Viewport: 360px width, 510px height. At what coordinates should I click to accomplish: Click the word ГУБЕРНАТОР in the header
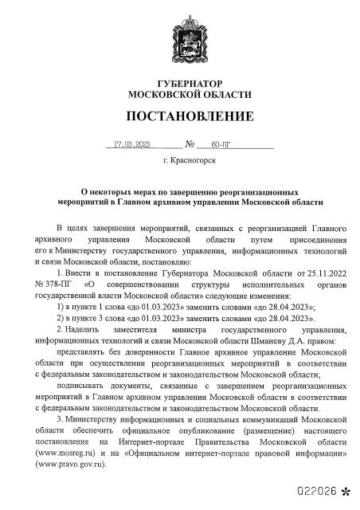click(x=180, y=84)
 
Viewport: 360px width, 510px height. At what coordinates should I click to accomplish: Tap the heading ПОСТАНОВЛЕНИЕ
click(x=180, y=118)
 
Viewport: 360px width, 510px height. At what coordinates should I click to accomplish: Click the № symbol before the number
click(x=190, y=145)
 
